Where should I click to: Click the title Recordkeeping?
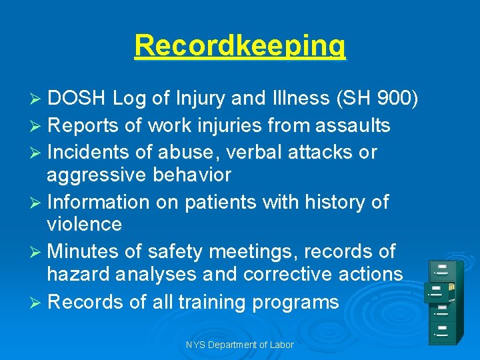pos(240,45)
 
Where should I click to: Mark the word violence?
pos(84,225)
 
